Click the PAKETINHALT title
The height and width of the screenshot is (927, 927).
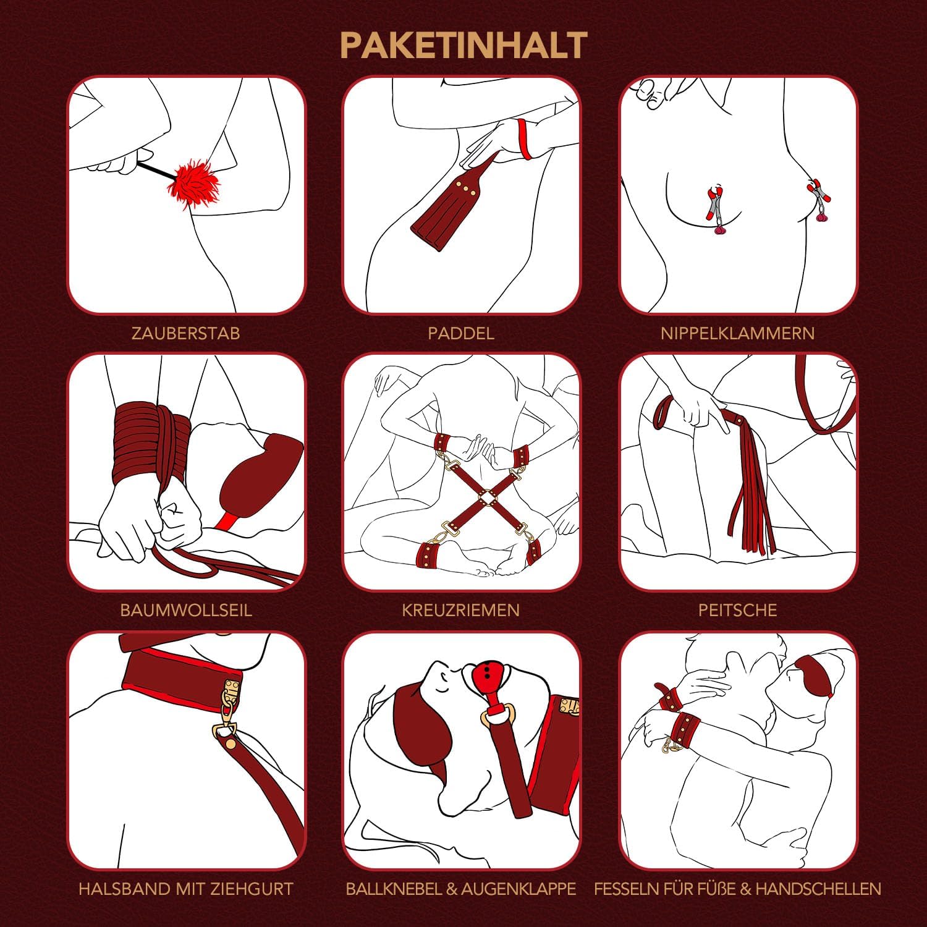pyautogui.click(x=463, y=46)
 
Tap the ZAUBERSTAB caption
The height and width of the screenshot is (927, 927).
pyautogui.click(x=185, y=334)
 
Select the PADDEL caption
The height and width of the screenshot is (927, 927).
pyautogui.click(x=461, y=334)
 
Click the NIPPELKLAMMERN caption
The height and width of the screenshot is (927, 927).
pyautogui.click(x=737, y=334)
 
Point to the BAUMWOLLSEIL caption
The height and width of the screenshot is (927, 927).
pyautogui.click(x=186, y=611)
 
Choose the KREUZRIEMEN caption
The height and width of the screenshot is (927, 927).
pyautogui.click(x=461, y=611)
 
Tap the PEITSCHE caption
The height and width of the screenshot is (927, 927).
pyautogui.click(x=737, y=611)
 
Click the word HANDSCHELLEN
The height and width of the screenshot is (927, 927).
pyautogui.click(x=818, y=889)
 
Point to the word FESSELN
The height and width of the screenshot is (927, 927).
pyautogui.click(x=626, y=889)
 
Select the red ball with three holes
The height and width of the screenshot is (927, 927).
pyautogui.click(x=490, y=678)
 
